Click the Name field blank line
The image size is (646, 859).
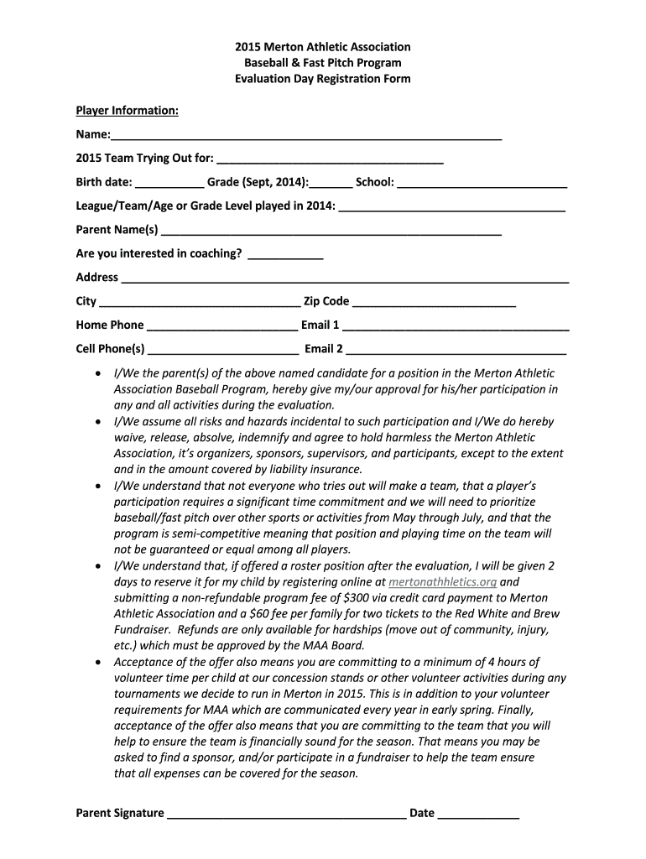[306, 137]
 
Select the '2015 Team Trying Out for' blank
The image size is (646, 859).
[330, 159]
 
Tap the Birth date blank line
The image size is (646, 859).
[169, 183]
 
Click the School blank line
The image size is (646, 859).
[482, 183]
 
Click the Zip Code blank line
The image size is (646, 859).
[434, 303]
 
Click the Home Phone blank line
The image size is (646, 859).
[221, 326]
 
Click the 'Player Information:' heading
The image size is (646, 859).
[127, 111]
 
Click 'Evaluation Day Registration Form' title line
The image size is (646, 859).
[323, 79]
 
